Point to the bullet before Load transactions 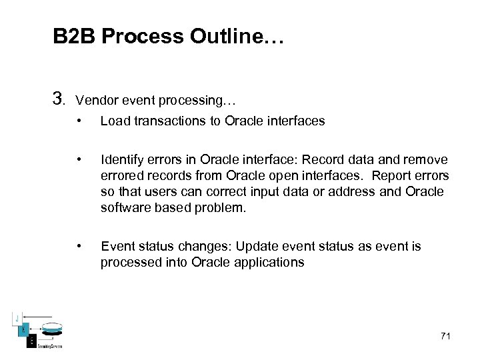(x=79, y=121)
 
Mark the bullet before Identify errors (x=79, y=159)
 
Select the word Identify (x=121, y=160)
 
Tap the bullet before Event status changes (x=79, y=246)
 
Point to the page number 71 (x=445, y=335)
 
